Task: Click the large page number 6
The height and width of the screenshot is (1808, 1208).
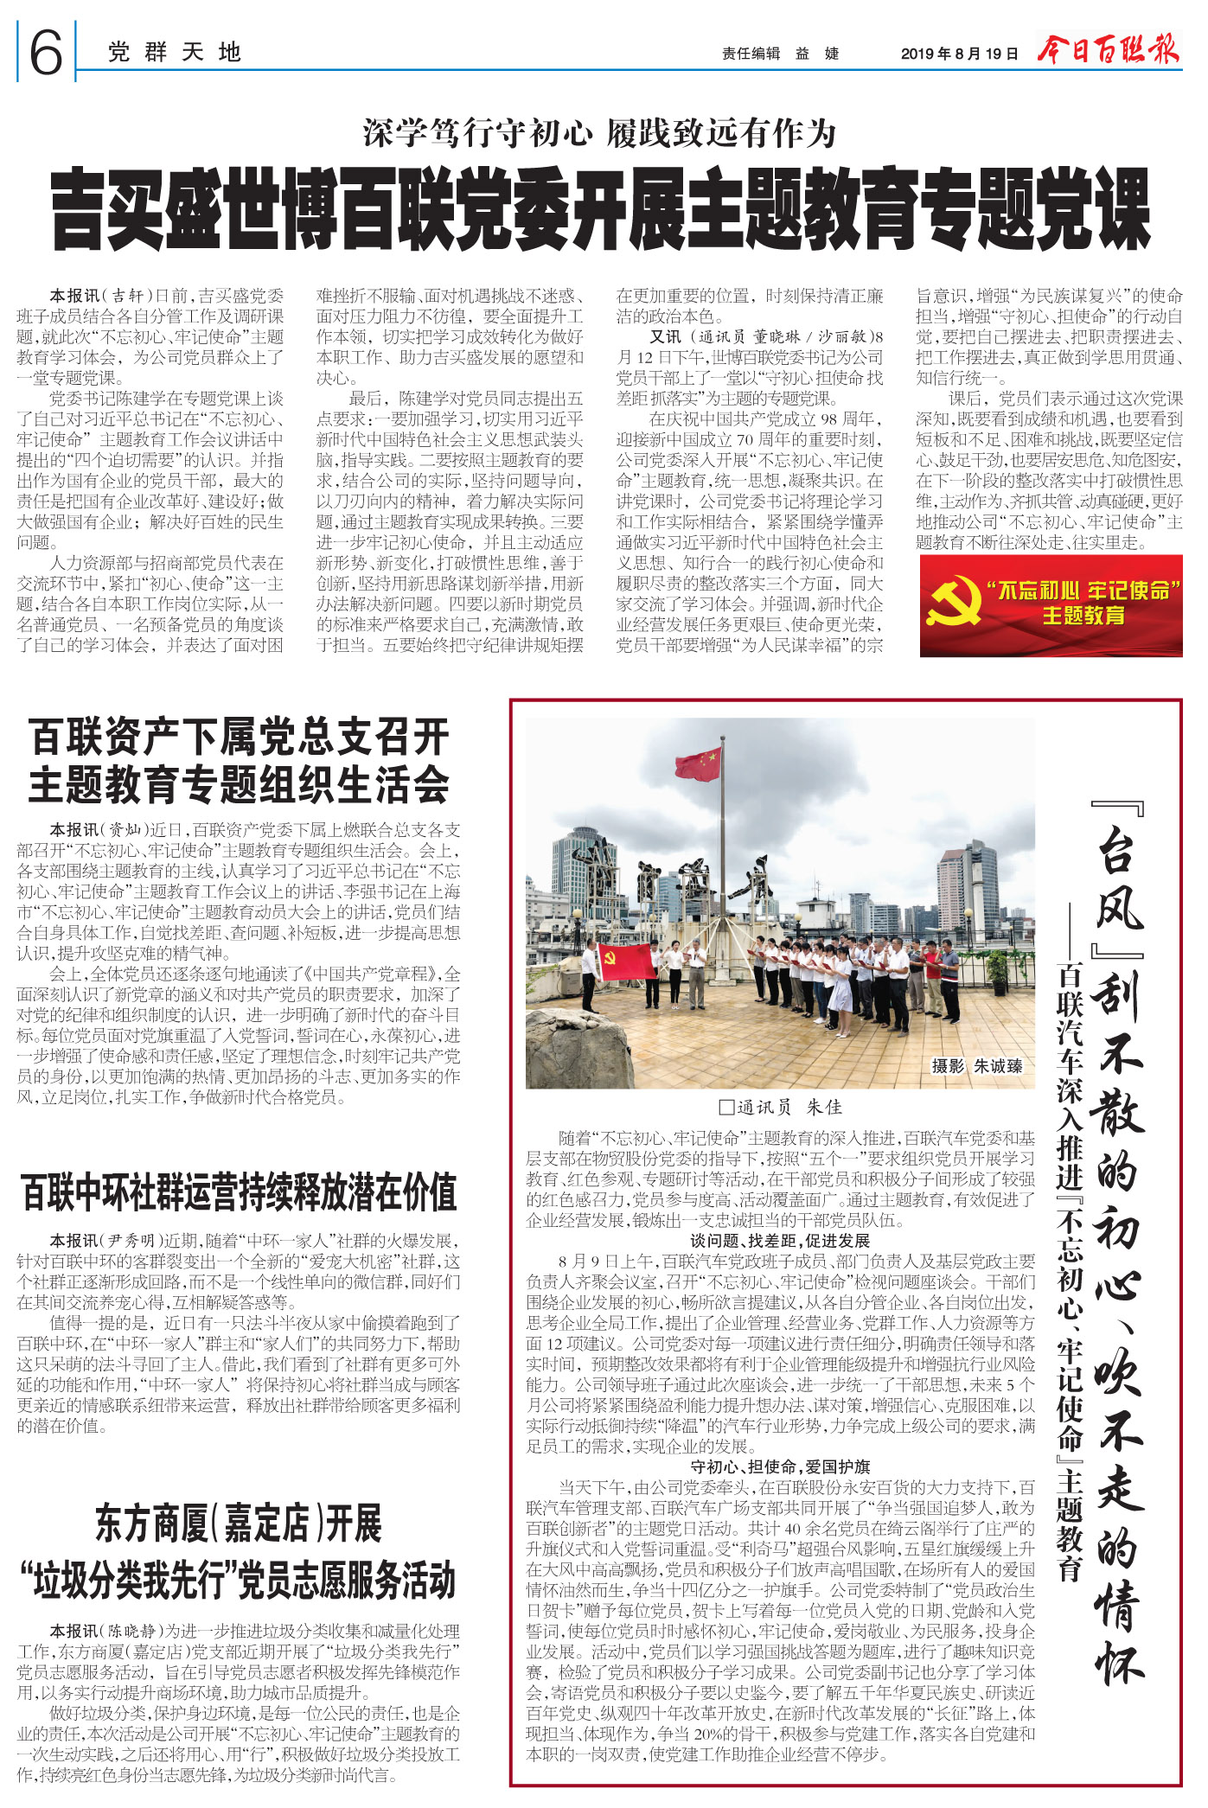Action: pyautogui.click(x=46, y=52)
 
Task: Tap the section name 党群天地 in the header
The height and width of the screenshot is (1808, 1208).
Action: pyautogui.click(x=174, y=53)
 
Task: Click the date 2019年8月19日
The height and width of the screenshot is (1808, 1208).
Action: pyautogui.click(x=959, y=54)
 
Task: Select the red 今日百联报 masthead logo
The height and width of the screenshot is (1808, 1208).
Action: pyautogui.click(x=1109, y=49)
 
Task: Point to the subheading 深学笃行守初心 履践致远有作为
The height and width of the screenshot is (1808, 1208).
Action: pyautogui.click(x=599, y=133)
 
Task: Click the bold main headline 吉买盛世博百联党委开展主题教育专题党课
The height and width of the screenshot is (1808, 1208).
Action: pyautogui.click(x=601, y=211)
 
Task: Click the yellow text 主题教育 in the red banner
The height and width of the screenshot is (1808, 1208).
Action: pyautogui.click(x=1083, y=616)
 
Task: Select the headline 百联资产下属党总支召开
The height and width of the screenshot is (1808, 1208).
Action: pyautogui.click(x=239, y=738)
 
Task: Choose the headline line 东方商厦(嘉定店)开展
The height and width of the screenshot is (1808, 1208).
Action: pyautogui.click(x=239, y=1524)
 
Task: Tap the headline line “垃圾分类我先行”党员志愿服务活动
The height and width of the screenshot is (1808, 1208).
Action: pyautogui.click(x=239, y=1581)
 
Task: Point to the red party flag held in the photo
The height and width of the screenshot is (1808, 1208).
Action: pyautogui.click(x=625, y=961)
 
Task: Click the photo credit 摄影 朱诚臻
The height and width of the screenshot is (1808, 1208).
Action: pyautogui.click(x=976, y=1066)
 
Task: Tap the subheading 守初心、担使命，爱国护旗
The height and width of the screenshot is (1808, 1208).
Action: pyautogui.click(x=780, y=1466)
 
